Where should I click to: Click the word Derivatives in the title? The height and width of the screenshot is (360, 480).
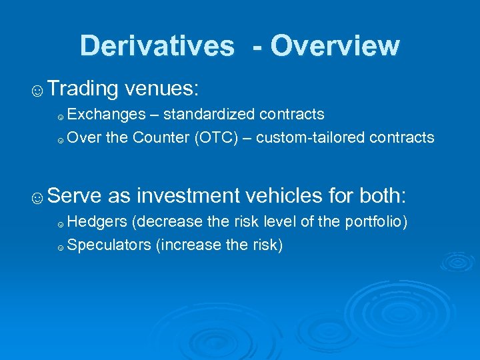(157, 46)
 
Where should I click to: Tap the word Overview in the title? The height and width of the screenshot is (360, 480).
(335, 46)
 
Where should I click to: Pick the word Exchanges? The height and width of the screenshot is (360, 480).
(106, 115)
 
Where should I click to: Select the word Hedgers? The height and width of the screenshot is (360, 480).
(97, 222)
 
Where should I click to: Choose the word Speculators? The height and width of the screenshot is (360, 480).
(109, 245)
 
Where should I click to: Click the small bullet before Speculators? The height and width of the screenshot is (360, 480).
(61, 247)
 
